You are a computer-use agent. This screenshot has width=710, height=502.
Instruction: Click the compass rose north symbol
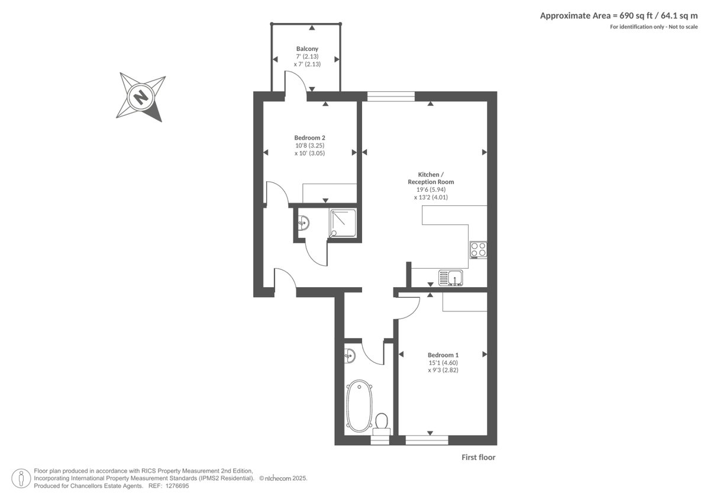coord(141,96)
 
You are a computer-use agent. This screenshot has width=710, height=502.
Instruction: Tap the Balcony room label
coord(307,49)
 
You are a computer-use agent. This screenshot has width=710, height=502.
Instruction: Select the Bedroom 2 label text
coord(309,138)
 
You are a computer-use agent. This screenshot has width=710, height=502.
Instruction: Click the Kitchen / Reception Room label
coord(431,178)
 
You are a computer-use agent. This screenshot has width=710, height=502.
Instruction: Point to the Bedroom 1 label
coord(443,355)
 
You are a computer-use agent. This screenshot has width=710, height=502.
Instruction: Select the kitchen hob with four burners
coord(478,250)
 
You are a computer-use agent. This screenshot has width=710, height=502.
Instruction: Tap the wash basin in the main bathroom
coord(350,355)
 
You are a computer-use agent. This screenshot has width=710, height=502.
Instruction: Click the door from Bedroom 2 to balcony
coord(295,83)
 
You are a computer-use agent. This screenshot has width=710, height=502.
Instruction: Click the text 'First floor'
coord(478,457)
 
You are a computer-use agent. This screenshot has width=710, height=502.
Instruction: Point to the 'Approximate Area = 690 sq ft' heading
coord(619,16)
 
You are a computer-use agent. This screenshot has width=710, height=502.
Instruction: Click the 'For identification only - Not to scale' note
coord(654,27)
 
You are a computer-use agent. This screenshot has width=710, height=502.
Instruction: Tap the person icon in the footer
coord(21,478)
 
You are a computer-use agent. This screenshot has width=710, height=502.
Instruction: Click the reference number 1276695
coord(177,485)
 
